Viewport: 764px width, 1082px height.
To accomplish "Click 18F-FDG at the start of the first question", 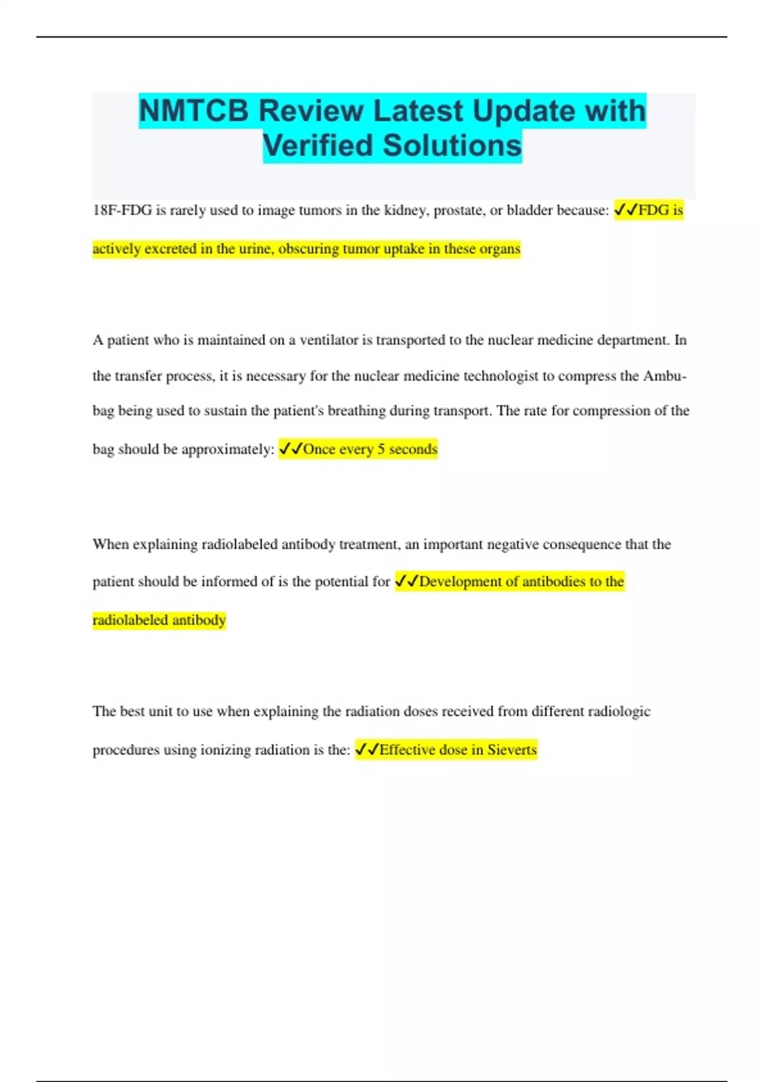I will (122, 211).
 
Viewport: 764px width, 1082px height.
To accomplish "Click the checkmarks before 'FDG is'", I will (625, 210).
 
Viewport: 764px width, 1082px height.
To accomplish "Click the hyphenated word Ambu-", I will (665, 376).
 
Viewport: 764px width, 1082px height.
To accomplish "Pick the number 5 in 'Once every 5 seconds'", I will (381, 449).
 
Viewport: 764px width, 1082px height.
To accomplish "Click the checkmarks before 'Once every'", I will (290, 449).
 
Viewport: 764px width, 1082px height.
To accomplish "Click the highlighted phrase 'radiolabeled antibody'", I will (159, 620).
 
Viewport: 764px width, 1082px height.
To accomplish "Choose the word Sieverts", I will (512, 750).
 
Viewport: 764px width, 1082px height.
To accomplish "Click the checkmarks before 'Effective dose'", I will (367, 750).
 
